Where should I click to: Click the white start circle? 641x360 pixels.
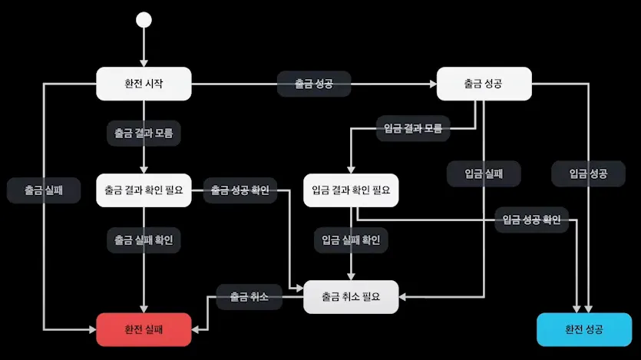coord(144,21)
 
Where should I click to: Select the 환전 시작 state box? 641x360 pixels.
coord(144,83)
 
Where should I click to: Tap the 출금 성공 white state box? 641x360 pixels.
coord(484,83)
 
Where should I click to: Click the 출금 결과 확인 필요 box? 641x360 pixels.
coord(144,190)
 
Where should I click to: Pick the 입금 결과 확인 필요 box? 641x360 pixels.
coord(352,190)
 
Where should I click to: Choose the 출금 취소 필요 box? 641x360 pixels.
coord(351,296)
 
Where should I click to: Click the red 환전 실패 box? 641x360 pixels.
coord(144,329)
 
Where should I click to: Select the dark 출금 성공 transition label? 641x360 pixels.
coord(314,83)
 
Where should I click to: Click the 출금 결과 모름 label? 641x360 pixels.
coord(144,133)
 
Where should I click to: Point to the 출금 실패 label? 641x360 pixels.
coord(44,190)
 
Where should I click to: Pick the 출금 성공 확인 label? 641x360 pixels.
coord(240,190)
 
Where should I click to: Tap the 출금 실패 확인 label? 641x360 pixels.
coord(144,239)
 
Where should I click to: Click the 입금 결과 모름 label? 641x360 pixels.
coord(413,127)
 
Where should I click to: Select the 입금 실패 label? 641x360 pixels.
coord(484,173)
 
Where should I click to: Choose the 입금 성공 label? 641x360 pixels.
coord(588,173)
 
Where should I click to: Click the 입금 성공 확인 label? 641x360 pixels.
coord(531,220)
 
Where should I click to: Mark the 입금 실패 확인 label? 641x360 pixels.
coord(351,239)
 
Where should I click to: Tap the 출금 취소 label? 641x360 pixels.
coord(249,296)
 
